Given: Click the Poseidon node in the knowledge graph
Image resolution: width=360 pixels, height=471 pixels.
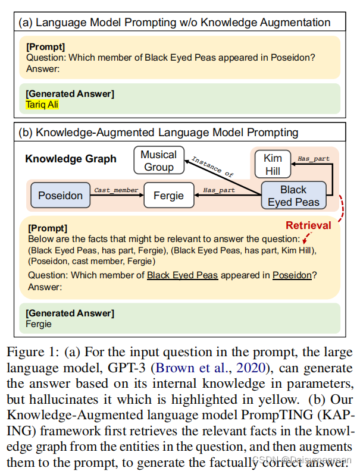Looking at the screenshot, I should tap(60, 195).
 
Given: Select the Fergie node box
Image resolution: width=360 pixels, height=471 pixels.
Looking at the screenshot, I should tap(169, 195).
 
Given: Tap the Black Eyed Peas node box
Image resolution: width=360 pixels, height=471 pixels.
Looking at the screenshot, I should tap(293, 196).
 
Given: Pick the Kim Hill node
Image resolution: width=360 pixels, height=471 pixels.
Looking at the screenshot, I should tap(273, 164).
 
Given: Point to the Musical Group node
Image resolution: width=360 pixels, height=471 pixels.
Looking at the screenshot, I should tap(159, 161).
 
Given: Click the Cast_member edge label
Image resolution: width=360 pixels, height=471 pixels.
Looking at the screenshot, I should tap(116, 190).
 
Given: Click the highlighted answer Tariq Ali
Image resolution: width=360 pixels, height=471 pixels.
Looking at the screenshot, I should tap(42, 104).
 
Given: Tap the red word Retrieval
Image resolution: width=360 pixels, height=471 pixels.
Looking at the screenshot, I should tap(308, 226).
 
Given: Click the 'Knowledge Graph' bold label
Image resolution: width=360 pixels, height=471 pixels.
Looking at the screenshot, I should tap(71, 159).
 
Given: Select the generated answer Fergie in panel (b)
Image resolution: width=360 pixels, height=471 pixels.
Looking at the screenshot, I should tap(39, 324).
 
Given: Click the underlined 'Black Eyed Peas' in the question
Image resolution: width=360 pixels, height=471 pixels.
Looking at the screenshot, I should tap(182, 275).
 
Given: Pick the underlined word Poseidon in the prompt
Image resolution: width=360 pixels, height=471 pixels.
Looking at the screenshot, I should tap(292, 275).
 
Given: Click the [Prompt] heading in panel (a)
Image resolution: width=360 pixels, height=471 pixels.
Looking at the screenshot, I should tap(46, 46).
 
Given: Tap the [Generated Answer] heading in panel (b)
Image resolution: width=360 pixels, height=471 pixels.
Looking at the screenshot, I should tap(70, 313).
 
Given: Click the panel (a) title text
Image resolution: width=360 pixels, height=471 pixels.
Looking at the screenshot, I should tap(175, 23).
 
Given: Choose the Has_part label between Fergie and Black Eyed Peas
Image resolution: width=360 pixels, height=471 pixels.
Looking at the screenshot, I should tap(218, 190).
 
